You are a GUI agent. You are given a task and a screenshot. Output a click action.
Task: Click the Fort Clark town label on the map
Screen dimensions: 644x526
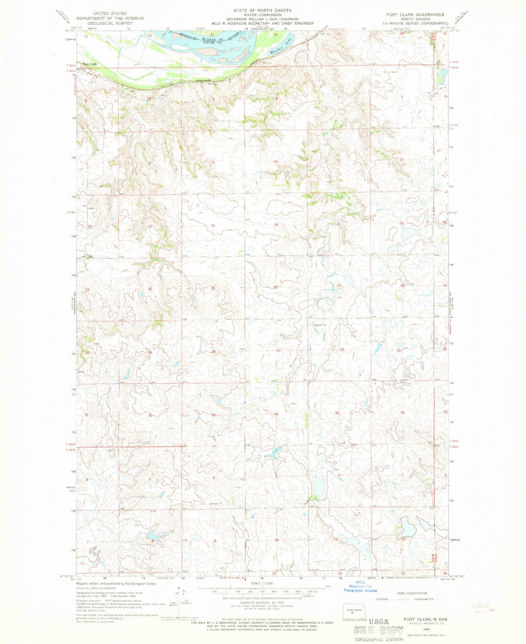tap(90, 64)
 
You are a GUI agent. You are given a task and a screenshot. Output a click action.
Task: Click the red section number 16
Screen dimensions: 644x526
tap(213, 225)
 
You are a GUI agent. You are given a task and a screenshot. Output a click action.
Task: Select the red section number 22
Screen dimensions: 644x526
tap(276, 287)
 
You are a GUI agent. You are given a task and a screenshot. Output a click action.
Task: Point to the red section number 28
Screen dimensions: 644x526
tap(214, 352)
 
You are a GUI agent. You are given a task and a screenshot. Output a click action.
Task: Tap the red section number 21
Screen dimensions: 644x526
tap(214, 288)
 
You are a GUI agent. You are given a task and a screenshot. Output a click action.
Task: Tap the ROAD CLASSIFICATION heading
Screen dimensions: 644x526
tap(412, 593)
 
